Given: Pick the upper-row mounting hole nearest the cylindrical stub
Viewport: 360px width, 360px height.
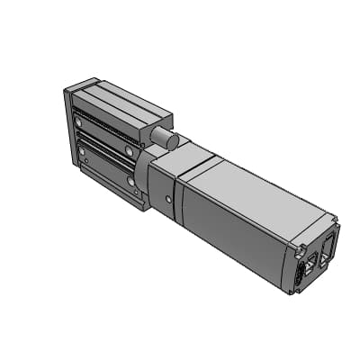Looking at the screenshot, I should [x=130, y=151].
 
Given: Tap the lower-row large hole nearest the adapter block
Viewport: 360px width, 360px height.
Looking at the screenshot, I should [x=132, y=183].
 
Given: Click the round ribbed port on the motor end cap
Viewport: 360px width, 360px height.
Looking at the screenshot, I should [x=300, y=276].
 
